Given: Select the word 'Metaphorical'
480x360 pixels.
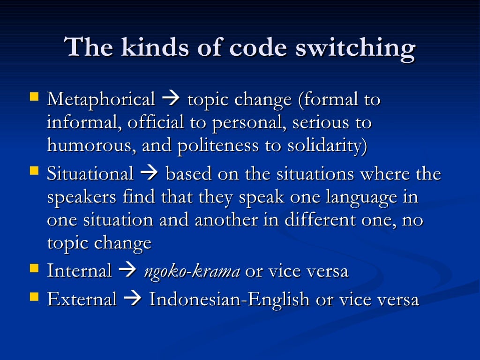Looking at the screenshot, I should point(101,99).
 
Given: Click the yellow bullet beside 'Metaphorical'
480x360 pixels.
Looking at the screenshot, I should point(34,97).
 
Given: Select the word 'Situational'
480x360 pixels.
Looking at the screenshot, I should point(90,174).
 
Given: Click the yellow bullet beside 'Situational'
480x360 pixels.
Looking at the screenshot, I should point(34,171).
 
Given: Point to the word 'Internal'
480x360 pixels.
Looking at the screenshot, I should point(79,270).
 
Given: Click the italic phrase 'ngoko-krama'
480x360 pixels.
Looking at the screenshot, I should point(192,271).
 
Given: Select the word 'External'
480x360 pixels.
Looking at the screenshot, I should point(82,299).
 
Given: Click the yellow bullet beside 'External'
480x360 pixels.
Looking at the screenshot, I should point(34,297).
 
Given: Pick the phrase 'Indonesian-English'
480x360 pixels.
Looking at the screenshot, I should point(229,299).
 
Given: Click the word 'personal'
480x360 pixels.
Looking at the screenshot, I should point(250,123).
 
